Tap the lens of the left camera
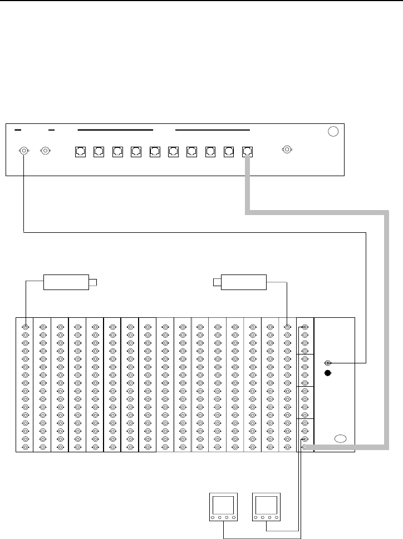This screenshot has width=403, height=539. [94, 282]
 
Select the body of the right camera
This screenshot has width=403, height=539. [244, 282]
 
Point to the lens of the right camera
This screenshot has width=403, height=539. [217, 282]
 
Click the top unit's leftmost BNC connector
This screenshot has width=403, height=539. [24, 150]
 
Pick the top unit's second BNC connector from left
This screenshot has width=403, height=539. [45, 150]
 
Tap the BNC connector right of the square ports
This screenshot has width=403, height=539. [287, 149]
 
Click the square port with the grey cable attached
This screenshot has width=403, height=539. [247, 151]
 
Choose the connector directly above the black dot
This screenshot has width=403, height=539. [328, 362]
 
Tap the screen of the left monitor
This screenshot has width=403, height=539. [223, 506]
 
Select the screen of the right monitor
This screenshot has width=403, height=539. [266, 506]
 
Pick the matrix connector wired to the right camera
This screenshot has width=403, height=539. [287, 327]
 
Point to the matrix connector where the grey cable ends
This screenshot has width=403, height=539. [304, 446]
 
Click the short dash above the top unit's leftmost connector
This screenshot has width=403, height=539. [18, 130]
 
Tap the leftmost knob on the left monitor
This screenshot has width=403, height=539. [213, 518]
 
